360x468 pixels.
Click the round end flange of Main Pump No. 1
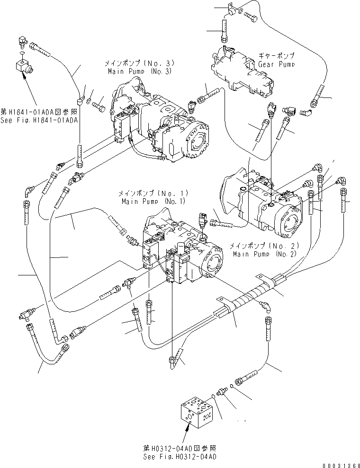[x=212, y=263]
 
